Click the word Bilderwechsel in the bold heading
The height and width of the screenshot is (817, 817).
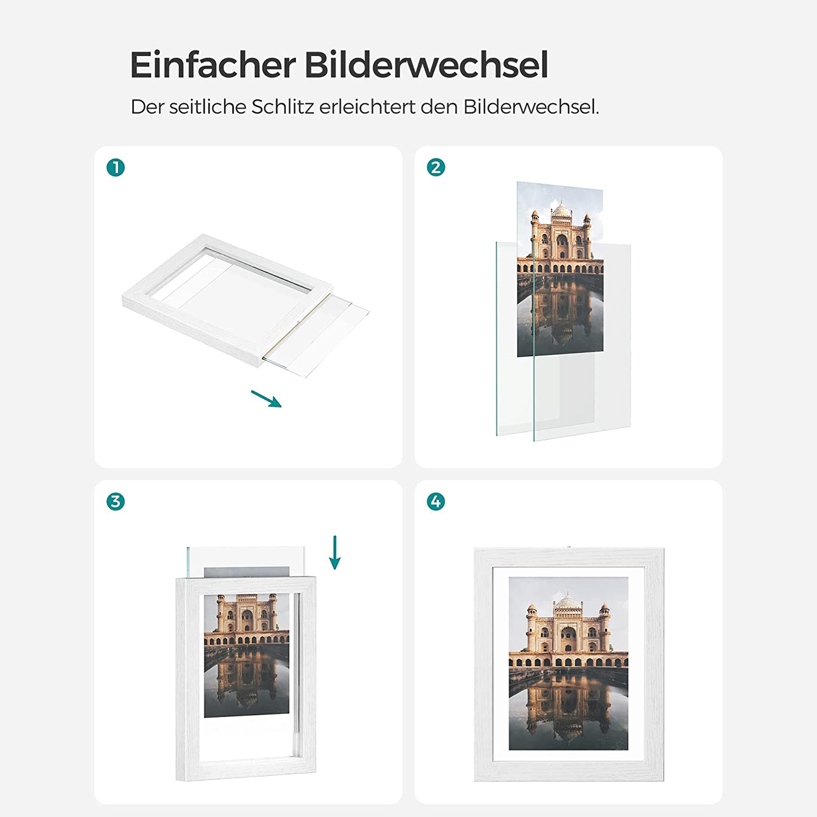[x=426, y=65]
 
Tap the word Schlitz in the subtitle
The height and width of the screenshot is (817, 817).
[x=283, y=107]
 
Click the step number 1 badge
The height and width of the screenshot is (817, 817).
[x=115, y=167]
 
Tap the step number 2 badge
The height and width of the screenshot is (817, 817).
[x=436, y=167]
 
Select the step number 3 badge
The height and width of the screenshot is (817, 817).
[x=115, y=502]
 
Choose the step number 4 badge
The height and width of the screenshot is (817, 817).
[x=436, y=502]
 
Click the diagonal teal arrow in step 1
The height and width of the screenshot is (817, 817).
[x=266, y=399]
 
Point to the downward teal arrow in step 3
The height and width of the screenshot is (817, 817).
[x=335, y=552]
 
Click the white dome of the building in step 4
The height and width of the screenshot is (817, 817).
[x=568, y=601]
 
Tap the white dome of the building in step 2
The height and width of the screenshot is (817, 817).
[x=560, y=208]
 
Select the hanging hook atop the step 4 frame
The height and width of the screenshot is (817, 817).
[x=569, y=546]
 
